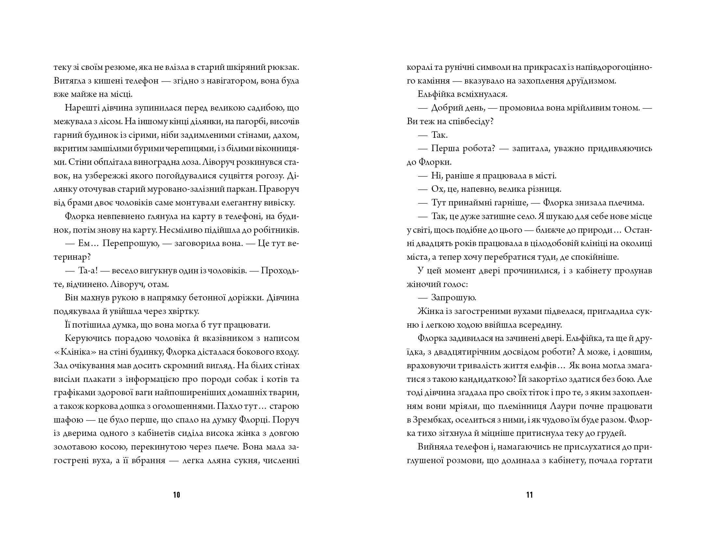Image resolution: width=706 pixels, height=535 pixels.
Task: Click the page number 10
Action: coord(177,495)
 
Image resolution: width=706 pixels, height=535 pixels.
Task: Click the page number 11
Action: coord(530,495)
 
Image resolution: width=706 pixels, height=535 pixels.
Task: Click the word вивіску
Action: coord(279,203)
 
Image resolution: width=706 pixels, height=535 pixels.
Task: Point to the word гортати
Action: coord(637,461)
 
